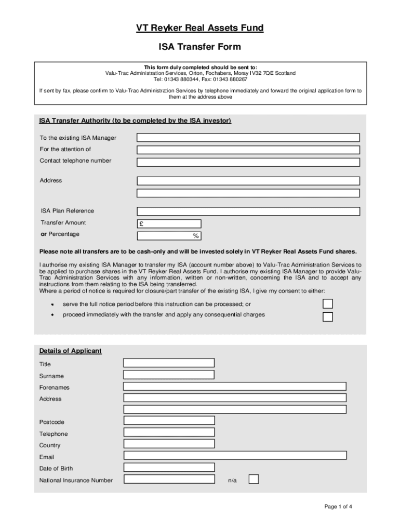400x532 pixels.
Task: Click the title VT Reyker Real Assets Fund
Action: click(x=199, y=28)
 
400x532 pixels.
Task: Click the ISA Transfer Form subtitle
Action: click(x=199, y=47)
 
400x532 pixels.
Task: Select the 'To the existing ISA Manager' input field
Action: click(x=248, y=138)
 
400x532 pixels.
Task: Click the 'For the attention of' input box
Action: click(x=248, y=150)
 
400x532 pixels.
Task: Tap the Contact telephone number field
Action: click(x=248, y=162)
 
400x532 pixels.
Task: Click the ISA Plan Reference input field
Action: click(x=248, y=211)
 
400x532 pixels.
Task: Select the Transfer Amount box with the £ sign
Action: click(x=170, y=224)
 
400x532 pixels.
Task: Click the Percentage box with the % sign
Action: click(x=170, y=236)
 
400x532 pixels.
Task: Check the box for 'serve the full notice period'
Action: click(x=328, y=304)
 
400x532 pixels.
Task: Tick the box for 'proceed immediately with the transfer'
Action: click(x=328, y=317)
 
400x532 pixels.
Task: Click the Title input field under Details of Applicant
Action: click(x=169, y=363)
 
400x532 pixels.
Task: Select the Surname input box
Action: click(x=169, y=375)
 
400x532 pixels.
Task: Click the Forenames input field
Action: click(x=235, y=387)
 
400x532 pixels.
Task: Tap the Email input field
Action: click(x=235, y=455)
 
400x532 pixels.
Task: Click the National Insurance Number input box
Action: click(x=169, y=479)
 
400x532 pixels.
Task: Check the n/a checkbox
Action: click(x=254, y=479)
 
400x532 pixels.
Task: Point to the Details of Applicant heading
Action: click(x=70, y=351)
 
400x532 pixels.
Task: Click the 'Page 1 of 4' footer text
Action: click(x=339, y=507)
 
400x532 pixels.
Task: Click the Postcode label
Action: click(x=52, y=422)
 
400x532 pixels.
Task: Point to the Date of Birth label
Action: click(x=56, y=469)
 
